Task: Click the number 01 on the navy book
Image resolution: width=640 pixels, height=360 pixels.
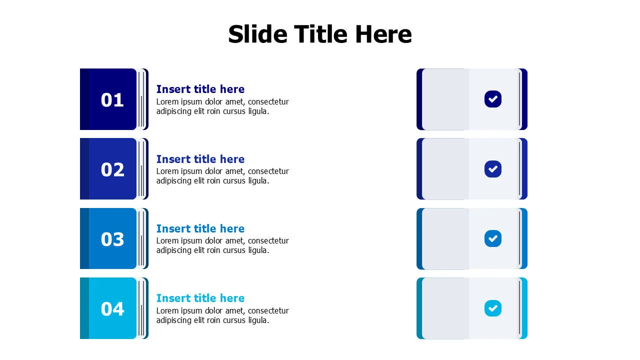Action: (x=112, y=100)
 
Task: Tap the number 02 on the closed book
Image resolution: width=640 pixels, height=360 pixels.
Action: (x=112, y=170)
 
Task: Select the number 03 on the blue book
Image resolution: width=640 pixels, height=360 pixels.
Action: (x=112, y=239)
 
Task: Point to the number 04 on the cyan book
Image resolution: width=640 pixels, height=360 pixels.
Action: (x=112, y=309)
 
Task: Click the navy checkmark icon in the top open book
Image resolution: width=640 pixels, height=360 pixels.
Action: (x=493, y=99)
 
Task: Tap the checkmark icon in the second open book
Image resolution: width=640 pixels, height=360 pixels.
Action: (x=493, y=169)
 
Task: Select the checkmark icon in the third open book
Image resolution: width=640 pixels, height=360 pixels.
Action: (x=493, y=238)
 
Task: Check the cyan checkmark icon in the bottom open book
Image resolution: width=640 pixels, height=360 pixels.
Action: (x=493, y=308)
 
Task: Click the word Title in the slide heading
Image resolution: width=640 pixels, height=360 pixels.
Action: (x=320, y=34)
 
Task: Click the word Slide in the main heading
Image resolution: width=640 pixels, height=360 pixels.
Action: (x=257, y=34)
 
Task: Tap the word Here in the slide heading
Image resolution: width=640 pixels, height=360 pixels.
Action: (x=383, y=34)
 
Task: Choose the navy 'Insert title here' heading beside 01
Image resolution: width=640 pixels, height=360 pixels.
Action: (x=200, y=89)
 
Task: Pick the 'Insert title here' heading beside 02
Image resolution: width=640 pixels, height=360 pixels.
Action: (x=200, y=159)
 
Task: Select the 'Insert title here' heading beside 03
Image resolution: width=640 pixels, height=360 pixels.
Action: (x=200, y=228)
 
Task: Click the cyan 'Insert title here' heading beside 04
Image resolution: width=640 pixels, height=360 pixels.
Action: (x=200, y=298)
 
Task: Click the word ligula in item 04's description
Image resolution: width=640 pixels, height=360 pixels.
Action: (x=257, y=320)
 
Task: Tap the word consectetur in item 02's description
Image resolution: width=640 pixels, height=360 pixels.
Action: (x=268, y=171)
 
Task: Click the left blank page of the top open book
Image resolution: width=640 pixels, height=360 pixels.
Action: (x=445, y=99)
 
